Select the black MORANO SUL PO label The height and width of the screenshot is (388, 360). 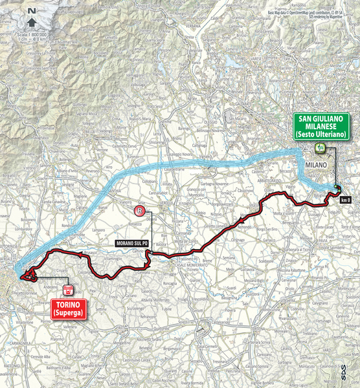[x=132, y=242]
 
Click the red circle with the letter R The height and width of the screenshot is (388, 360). [x=138, y=211]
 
